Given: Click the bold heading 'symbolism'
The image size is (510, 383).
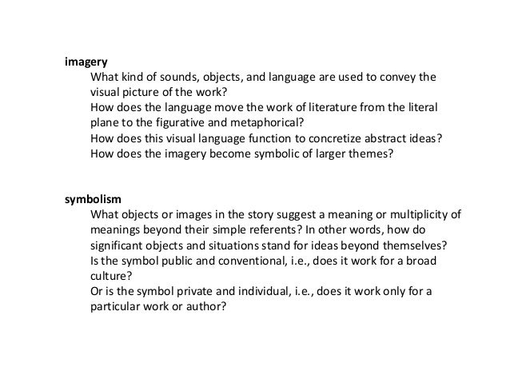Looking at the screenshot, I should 92,199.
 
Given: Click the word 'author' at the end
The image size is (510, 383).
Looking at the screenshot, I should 209,305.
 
